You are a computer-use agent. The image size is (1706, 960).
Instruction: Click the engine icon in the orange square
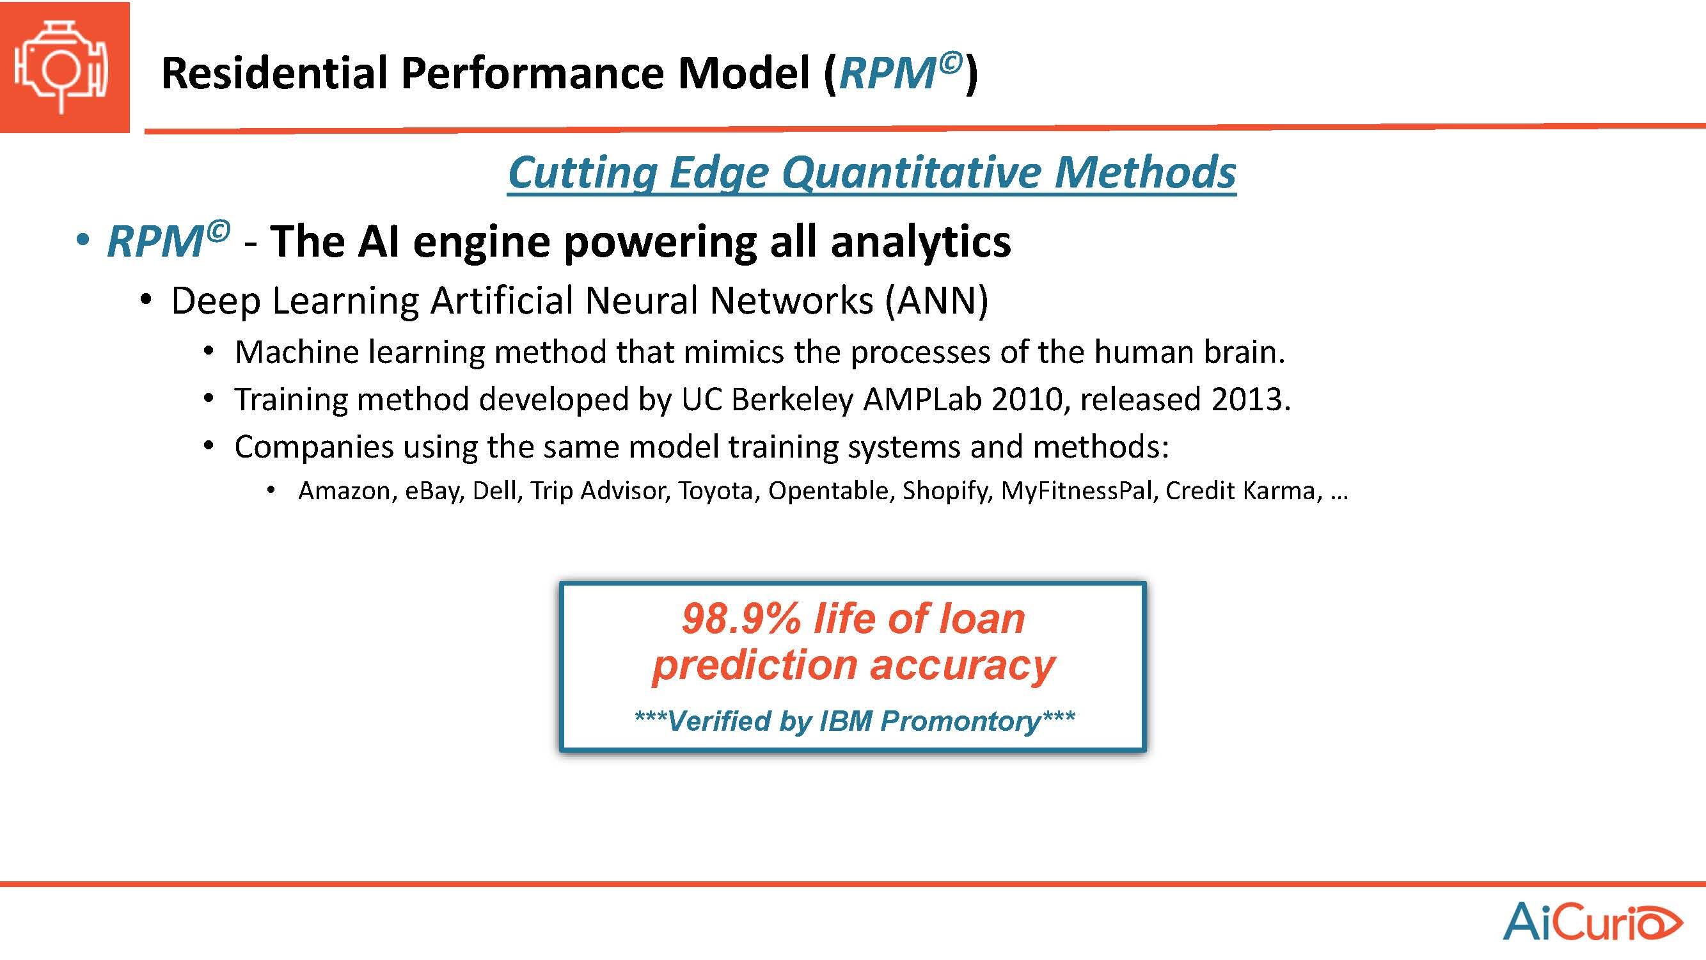click(61, 67)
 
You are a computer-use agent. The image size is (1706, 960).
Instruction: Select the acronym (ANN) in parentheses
click(936, 301)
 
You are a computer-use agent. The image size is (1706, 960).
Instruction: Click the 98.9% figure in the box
click(742, 619)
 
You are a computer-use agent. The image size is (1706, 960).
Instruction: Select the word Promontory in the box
click(960, 721)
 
